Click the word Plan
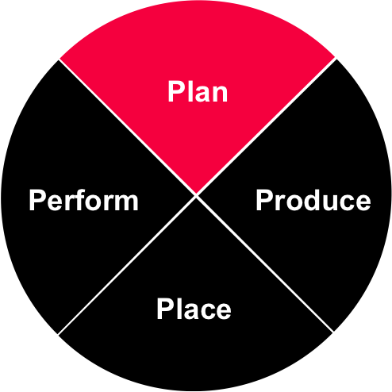coord(198,91)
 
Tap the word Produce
coord(313,200)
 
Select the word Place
coord(194,309)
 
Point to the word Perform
coord(83,200)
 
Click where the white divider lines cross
coord(196,196)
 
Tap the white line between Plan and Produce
coord(266,126)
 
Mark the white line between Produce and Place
coord(264,263)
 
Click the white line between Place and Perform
coord(127,265)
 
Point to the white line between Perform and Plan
coord(128,128)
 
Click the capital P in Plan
coord(175,91)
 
